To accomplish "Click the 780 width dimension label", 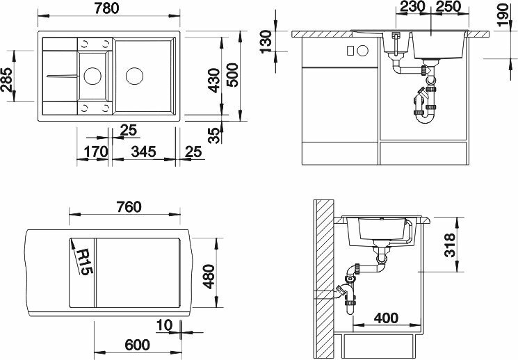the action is [106, 8].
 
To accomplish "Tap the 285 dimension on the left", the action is [7, 80].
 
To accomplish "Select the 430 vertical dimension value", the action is [214, 80].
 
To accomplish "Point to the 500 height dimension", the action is [232, 75].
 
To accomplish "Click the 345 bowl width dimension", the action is [144, 152].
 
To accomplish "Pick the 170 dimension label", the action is [96, 152].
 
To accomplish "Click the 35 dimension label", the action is [214, 136].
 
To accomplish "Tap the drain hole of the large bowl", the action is [134, 76].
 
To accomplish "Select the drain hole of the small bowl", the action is [92, 76].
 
